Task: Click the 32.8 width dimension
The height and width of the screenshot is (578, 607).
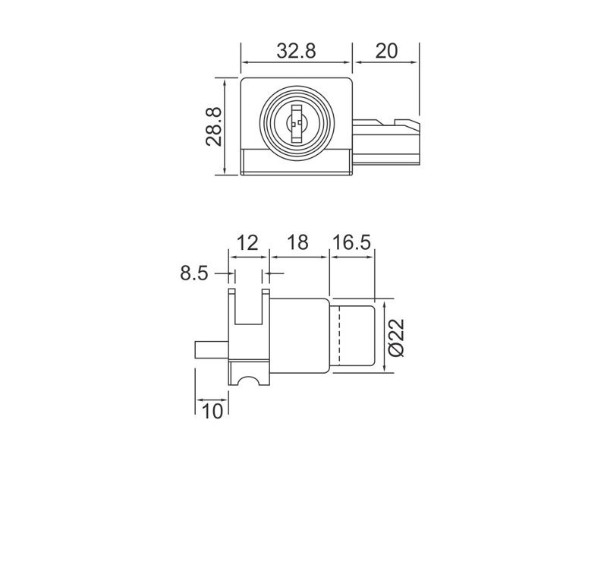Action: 297,51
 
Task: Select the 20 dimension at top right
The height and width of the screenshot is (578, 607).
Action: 386,51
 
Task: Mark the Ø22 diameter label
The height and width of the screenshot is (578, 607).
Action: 399,336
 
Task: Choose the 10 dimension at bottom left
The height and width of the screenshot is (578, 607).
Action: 212,411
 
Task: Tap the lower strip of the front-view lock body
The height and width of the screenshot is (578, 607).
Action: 297,162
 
